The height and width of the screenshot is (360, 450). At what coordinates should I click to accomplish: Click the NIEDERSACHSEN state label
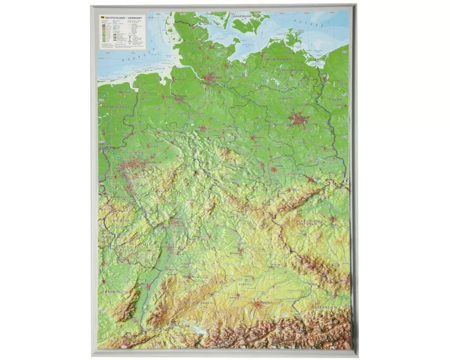(x=192, y=113)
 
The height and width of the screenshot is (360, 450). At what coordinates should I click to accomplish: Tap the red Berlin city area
(x=298, y=119)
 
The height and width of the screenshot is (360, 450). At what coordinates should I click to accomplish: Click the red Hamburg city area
(x=210, y=80)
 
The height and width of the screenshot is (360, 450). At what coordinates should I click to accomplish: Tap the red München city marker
(x=257, y=305)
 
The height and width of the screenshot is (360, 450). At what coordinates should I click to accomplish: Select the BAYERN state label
(x=245, y=285)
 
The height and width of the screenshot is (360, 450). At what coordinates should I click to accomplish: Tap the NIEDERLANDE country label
(x=116, y=106)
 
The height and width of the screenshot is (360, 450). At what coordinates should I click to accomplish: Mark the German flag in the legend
(x=102, y=18)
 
